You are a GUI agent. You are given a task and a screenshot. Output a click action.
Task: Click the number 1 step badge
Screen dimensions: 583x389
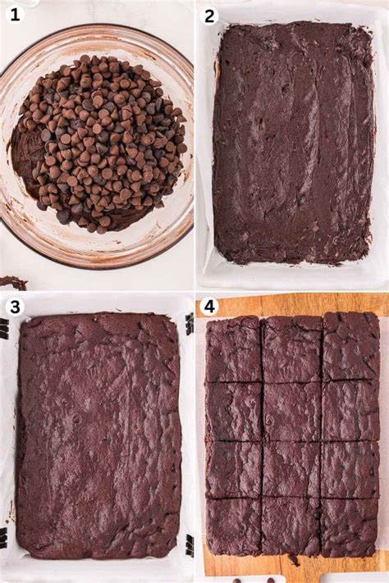coord(14,14)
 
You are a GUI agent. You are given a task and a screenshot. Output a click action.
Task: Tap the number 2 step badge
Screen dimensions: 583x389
coord(210,15)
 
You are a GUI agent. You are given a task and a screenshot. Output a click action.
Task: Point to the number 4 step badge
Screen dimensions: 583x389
coord(210,307)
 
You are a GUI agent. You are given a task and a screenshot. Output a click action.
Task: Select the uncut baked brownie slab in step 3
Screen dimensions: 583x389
coord(98,435)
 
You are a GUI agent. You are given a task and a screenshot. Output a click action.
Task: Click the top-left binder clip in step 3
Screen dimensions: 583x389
coord(4,328)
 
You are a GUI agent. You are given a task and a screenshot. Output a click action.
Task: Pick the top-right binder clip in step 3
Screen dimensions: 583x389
coord(190,322)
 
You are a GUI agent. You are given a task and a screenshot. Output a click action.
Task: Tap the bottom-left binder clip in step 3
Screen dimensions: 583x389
coord(4,538)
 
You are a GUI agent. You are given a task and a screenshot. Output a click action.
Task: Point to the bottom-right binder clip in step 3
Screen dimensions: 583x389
coord(190,545)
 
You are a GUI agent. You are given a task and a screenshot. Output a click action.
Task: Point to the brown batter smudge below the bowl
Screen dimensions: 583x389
coord(13,283)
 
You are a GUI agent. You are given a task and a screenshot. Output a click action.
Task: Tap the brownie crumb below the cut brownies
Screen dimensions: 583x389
coord(294,561)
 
